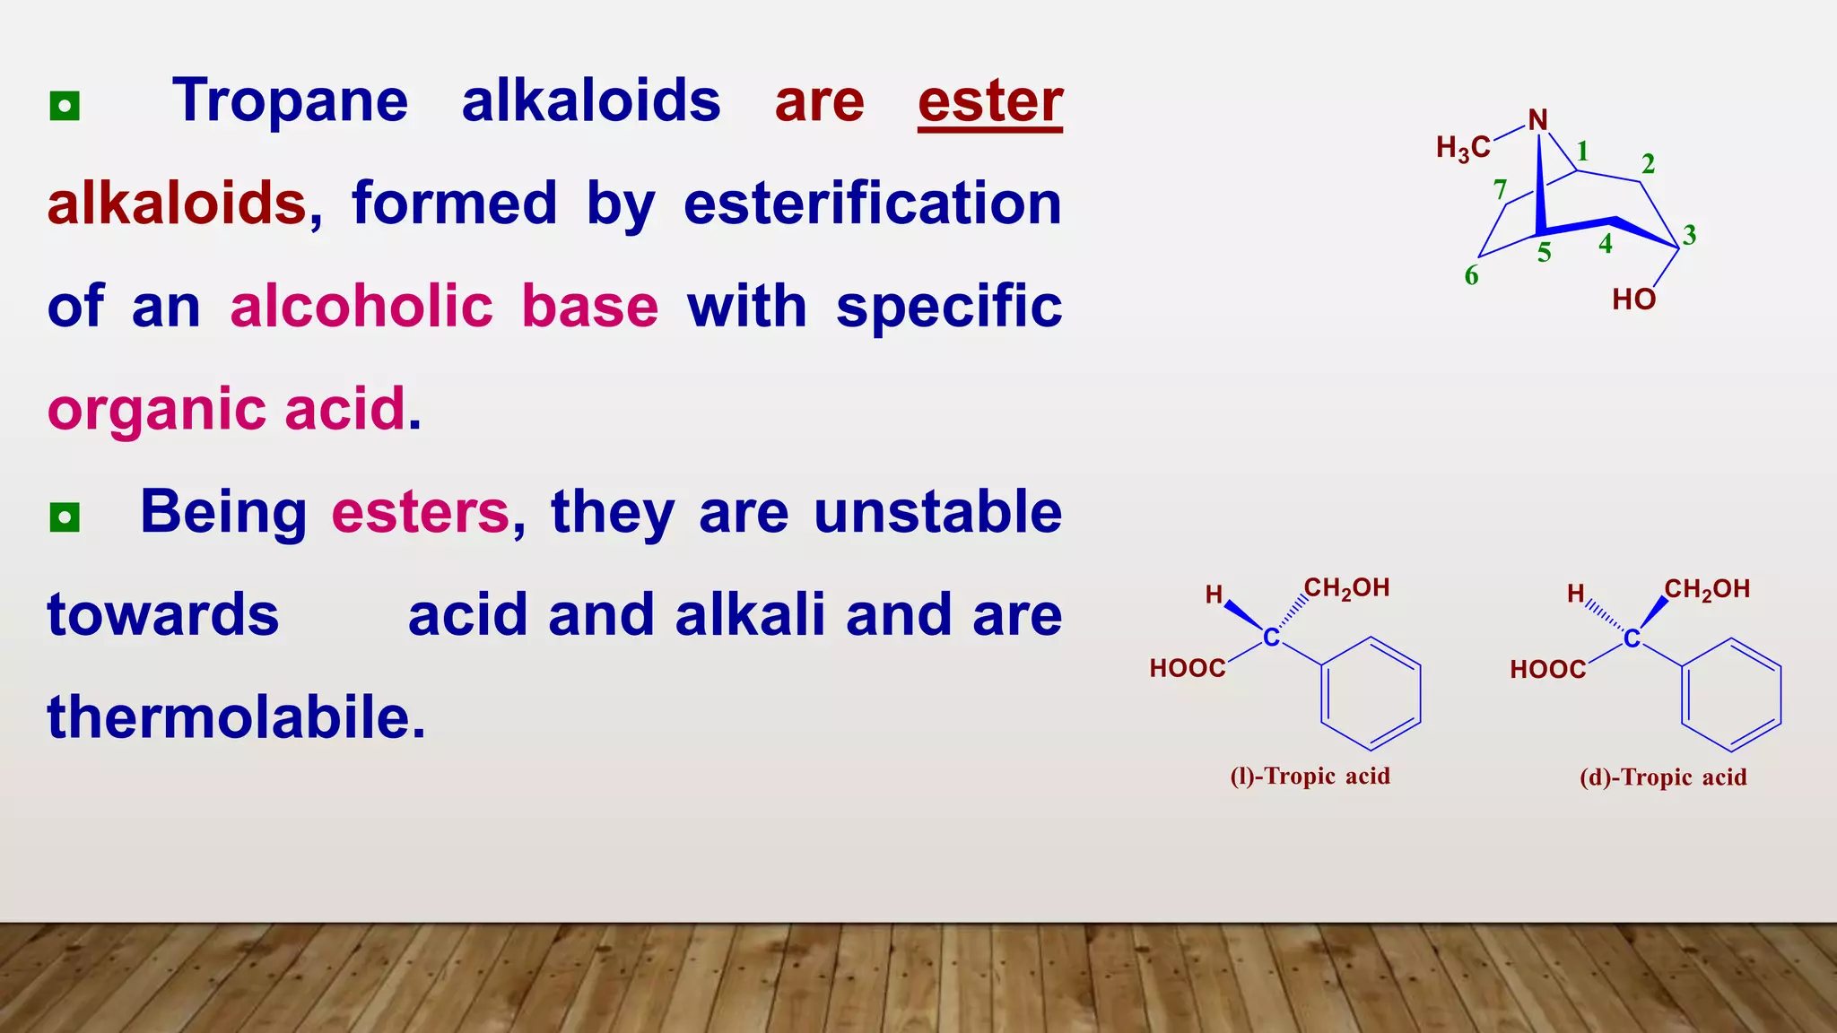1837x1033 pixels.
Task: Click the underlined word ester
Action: (990, 101)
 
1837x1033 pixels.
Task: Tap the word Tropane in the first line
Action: (291, 101)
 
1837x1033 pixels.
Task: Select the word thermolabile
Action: (235, 717)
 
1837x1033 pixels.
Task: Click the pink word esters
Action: (421, 512)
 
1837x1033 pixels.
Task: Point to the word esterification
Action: (873, 204)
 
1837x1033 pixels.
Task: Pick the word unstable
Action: (937, 512)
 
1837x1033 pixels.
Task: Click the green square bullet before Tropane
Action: (65, 106)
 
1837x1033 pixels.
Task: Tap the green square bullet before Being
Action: (65, 517)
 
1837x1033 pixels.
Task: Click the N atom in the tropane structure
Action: (1537, 120)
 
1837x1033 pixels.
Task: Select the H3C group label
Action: (1463, 148)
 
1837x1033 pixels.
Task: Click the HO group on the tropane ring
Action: (1633, 299)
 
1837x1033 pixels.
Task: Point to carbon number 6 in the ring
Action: (1471, 275)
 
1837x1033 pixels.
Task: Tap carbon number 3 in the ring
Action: (1689, 235)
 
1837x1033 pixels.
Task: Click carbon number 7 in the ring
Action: (1500, 190)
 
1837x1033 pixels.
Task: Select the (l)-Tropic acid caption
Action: (1310, 777)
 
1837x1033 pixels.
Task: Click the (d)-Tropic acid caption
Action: (1663, 777)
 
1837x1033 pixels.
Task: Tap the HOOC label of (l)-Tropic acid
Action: (1188, 668)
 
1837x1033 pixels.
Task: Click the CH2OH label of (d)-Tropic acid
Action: (1707, 589)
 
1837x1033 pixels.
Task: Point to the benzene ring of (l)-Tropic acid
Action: (1370, 693)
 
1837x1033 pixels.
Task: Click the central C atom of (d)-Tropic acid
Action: (1632, 638)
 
